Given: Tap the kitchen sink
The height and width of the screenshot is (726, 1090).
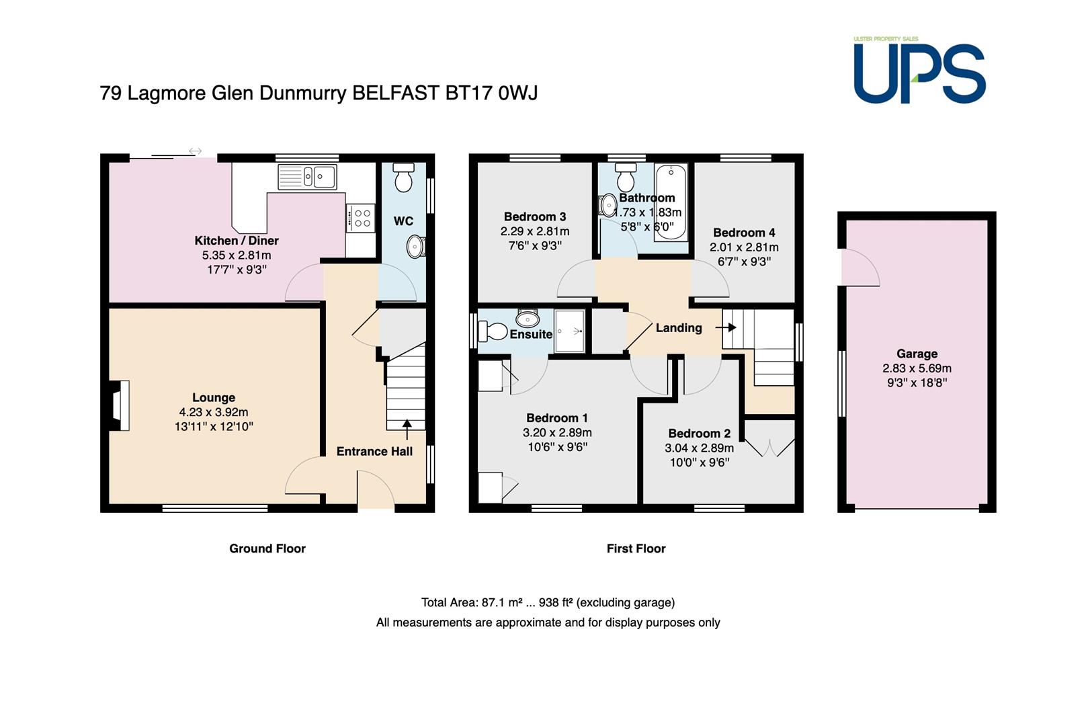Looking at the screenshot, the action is (x=307, y=177).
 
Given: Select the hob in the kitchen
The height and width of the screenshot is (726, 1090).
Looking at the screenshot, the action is (x=361, y=218).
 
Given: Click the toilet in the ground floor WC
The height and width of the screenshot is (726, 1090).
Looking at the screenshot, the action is (x=403, y=177).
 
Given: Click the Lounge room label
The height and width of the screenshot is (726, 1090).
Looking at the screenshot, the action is (x=214, y=397).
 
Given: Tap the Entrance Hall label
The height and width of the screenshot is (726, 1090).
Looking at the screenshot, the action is (x=374, y=451).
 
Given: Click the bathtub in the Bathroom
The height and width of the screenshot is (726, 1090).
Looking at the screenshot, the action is (x=671, y=202).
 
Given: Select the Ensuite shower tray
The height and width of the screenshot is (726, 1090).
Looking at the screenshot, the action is (x=570, y=331).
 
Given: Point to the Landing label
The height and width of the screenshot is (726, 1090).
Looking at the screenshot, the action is (x=678, y=327).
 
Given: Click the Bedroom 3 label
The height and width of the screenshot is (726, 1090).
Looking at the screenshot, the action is (x=535, y=216).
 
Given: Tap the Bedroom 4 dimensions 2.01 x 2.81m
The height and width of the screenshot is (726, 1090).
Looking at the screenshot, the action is (x=744, y=247).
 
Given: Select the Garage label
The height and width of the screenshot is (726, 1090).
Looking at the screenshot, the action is (x=917, y=354).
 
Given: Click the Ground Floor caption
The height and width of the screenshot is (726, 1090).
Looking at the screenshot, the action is (x=267, y=549).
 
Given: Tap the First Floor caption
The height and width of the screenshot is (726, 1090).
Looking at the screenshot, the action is (x=636, y=549).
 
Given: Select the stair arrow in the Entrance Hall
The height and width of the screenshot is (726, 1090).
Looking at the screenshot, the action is (x=407, y=430).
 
